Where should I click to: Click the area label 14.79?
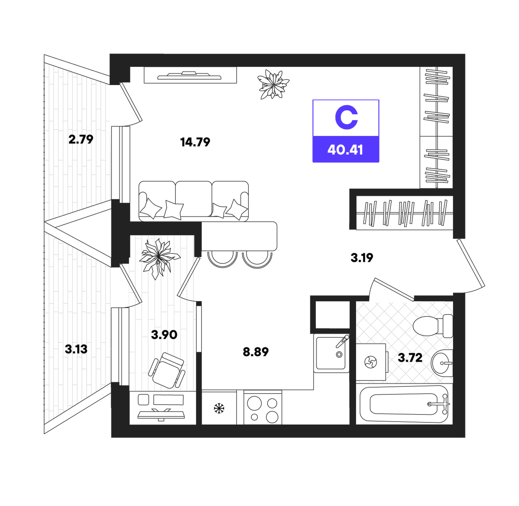coord(195,142)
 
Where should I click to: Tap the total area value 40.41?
coord(345,150)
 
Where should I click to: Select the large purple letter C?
coord(346,117)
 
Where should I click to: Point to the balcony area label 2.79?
coord(81,139)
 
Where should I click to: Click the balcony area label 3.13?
coord(76,349)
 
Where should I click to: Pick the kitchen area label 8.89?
coord(255,352)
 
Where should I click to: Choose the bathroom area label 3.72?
coord(410,357)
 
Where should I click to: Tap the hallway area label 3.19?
coord(362,258)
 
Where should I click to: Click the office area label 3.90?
coord(164,334)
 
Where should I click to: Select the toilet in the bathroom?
coord(433,326)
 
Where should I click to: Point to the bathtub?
coord(404,404)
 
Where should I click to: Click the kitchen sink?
coord(331,353)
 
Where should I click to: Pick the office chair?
coord(167,370)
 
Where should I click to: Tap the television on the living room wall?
coord(189,76)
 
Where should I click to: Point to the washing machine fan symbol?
coord(371,363)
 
